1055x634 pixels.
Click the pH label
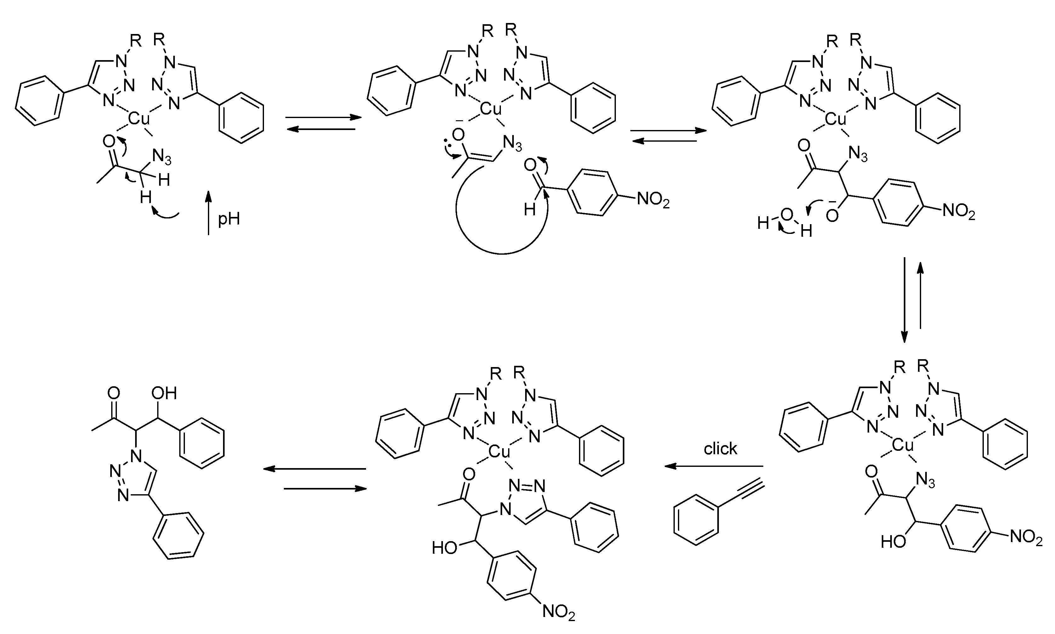tap(229, 219)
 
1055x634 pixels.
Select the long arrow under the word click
tap(714, 467)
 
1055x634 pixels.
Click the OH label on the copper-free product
tap(164, 393)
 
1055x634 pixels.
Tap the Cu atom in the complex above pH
tap(139, 118)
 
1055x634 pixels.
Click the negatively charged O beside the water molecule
tap(832, 216)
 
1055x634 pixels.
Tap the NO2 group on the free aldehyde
tap(653, 200)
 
